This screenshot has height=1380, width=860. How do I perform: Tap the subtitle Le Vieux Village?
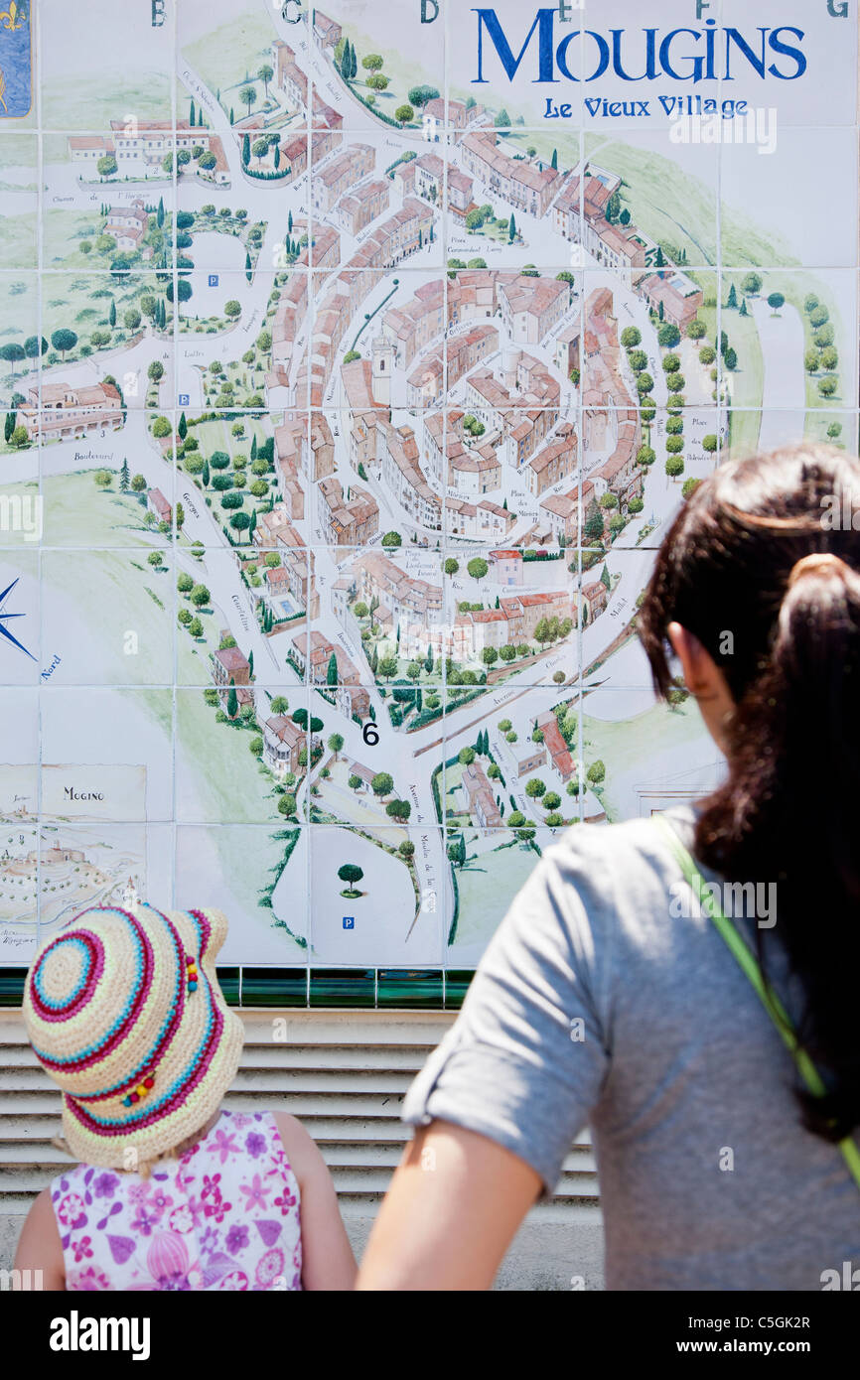coord(645,107)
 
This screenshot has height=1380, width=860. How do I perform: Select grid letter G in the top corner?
coord(836,8)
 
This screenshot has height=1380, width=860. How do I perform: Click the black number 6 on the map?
coord(369,734)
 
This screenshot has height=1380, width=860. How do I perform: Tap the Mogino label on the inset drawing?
coord(83,793)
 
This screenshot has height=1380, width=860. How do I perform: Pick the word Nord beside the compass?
coord(52,667)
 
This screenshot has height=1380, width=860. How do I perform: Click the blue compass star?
coord(10,618)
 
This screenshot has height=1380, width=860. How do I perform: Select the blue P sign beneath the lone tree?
coord(348,923)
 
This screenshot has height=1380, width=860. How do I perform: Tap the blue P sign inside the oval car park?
coord(214,281)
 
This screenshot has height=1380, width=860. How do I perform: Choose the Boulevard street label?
coord(93,457)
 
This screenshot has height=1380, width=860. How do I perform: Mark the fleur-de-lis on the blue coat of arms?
coord(12,17)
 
